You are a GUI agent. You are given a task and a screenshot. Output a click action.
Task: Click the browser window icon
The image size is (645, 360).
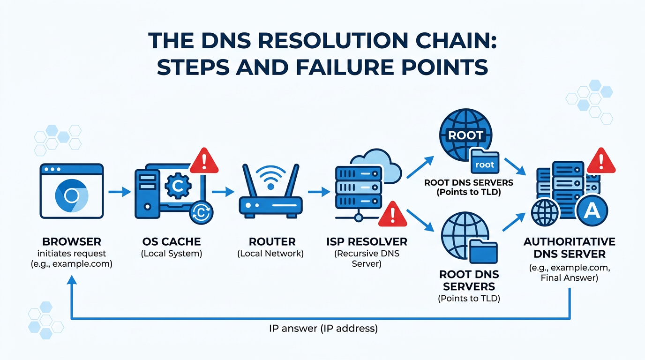tap(72, 191)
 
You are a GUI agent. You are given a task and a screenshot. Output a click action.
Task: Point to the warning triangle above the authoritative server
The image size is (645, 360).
tap(600, 162)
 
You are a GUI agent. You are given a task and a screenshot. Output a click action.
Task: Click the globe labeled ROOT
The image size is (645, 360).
tap(465, 135)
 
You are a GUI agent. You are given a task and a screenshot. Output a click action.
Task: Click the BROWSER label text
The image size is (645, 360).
tap(72, 242)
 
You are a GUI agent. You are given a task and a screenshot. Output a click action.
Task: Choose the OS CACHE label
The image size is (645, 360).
tap(171, 242)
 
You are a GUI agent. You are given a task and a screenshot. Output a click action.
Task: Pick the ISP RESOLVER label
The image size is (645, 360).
tap(367, 242)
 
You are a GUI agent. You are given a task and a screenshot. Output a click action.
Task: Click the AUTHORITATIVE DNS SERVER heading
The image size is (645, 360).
tap(569, 248)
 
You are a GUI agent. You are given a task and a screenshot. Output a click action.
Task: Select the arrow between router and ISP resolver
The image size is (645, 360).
tap(319, 192)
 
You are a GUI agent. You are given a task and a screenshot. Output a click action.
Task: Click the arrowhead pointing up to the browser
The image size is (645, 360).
tap(71, 280)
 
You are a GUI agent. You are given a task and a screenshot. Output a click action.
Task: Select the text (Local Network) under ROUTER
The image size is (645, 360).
tap(270, 254)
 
